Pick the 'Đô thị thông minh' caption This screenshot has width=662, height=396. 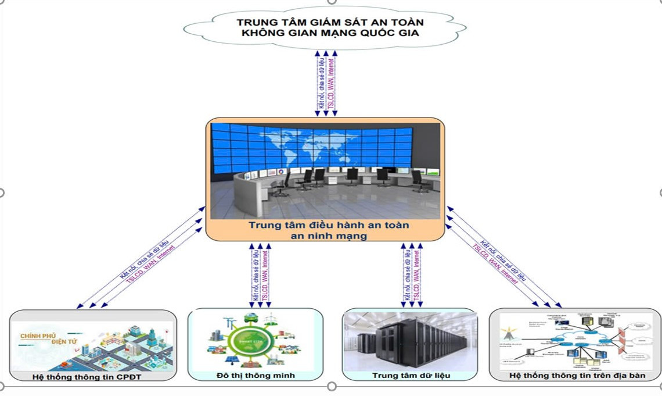click(256, 375)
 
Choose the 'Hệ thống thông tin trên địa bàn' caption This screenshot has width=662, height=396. click(577, 375)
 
